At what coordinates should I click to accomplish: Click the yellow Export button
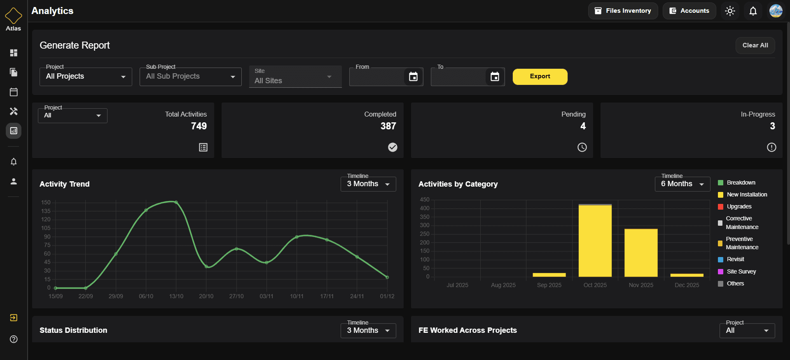point(540,77)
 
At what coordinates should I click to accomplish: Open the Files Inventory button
point(623,11)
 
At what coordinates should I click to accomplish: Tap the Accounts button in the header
point(689,11)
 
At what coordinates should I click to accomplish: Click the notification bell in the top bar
point(753,11)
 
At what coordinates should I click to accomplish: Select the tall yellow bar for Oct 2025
point(595,241)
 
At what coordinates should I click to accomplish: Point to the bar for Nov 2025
point(641,252)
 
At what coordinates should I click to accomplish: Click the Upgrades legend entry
point(739,206)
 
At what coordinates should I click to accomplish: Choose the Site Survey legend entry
point(741,271)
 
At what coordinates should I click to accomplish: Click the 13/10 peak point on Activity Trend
point(176,202)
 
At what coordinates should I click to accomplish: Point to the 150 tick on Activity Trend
point(46,202)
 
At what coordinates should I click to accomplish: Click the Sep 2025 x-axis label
point(549,285)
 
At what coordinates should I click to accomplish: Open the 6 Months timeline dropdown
point(682,184)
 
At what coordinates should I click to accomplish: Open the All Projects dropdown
point(86,77)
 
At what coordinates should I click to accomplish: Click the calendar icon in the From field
point(413,77)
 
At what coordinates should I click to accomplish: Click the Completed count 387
point(388,126)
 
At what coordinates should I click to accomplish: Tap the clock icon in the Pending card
point(582,147)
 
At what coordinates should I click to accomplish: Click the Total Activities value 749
point(199,126)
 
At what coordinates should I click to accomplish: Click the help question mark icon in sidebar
point(14,339)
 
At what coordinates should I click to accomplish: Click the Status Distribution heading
point(73,330)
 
